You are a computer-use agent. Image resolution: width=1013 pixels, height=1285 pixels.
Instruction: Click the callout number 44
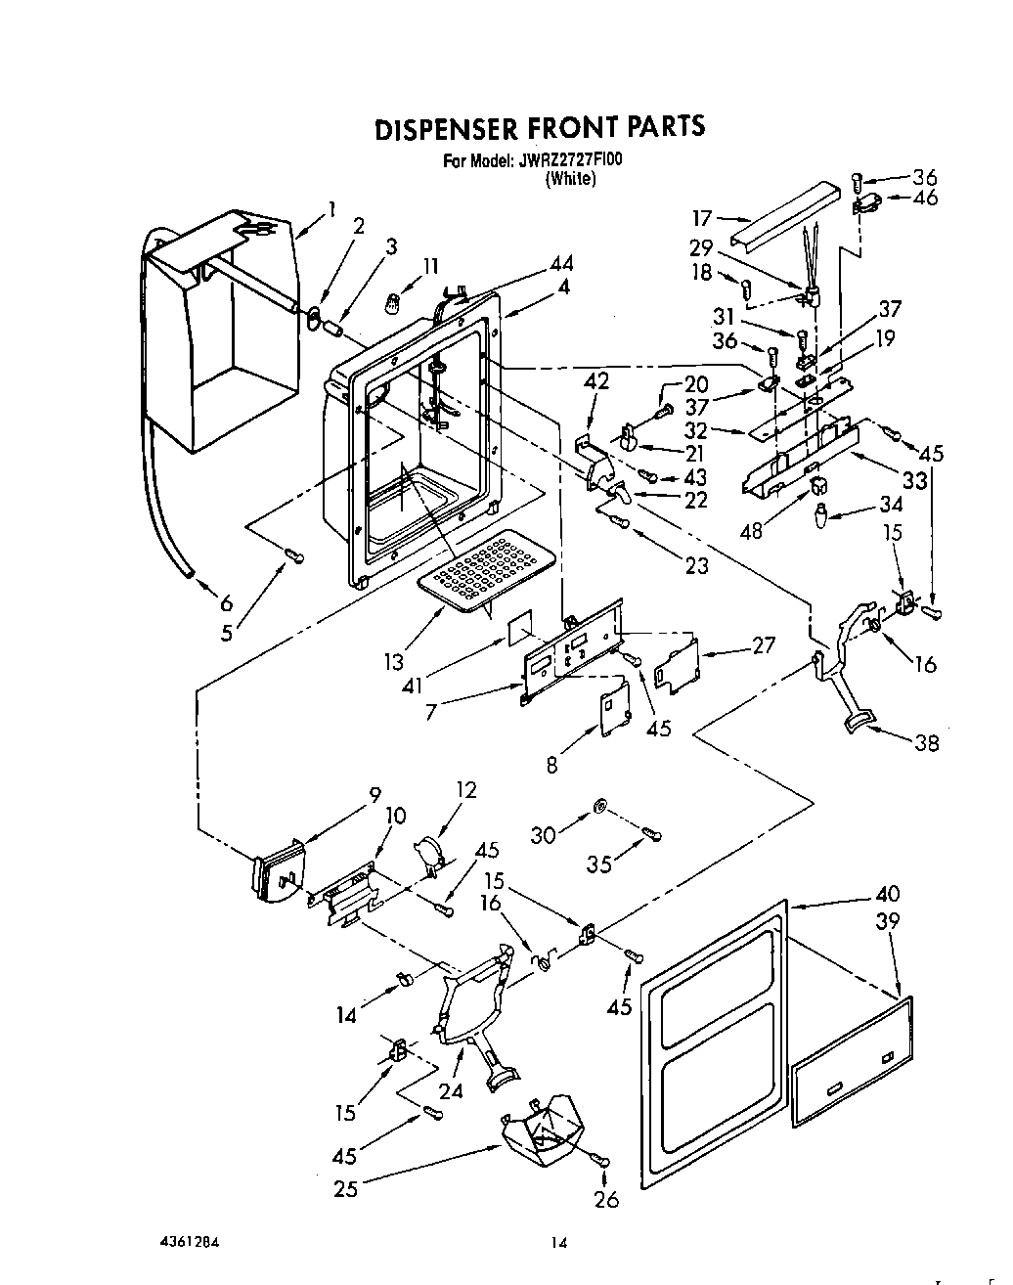[x=560, y=263]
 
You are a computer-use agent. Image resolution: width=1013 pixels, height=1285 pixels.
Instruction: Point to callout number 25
[x=344, y=1188]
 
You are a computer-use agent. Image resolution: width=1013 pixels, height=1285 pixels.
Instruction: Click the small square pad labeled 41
[x=520, y=626]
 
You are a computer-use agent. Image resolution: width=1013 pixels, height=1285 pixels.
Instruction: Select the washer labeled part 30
[x=598, y=807]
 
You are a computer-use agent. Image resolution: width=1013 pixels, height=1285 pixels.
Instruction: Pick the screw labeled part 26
[x=599, y=1159]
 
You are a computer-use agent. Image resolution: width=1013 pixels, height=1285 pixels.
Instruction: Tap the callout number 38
[x=925, y=743]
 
